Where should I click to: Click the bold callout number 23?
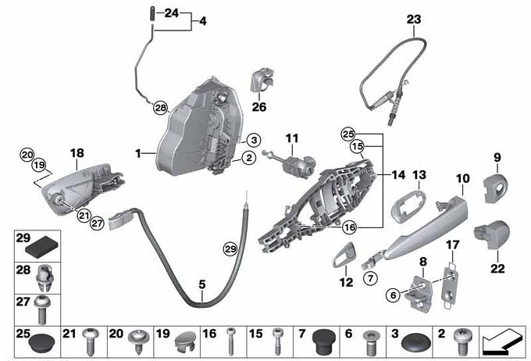pos(414,20)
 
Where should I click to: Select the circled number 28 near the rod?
pos(161,108)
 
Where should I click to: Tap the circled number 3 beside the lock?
pos(254,140)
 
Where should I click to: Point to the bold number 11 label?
pos(292,138)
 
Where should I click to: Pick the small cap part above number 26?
pos(262,80)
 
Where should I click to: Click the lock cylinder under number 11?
pos(290,164)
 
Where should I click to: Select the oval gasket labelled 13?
pos(408,206)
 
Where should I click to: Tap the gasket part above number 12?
pos(344,255)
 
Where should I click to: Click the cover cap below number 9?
pos(495,188)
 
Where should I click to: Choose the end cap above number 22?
pos(492,234)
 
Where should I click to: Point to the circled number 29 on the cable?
pos(230,250)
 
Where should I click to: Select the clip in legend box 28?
pos(45,278)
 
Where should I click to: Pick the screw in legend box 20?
pos(139,341)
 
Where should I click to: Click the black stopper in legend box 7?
pos(324,341)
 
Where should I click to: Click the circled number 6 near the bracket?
pos(393,295)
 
